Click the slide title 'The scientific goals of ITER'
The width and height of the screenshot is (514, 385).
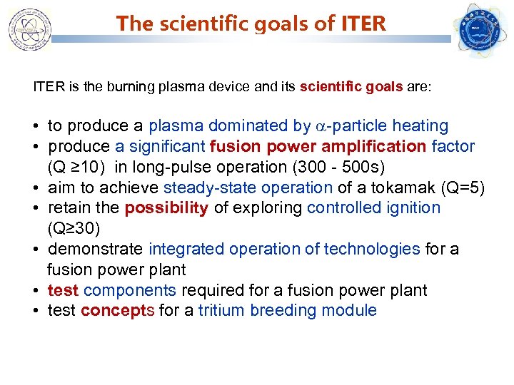[251, 24]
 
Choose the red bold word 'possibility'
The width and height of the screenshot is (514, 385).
[166, 208]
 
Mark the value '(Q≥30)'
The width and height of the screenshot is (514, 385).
[72, 229]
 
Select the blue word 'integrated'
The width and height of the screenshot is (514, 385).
[184, 249]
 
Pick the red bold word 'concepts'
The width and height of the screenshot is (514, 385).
[116, 311]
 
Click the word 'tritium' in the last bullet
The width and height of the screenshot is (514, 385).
[221, 311]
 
